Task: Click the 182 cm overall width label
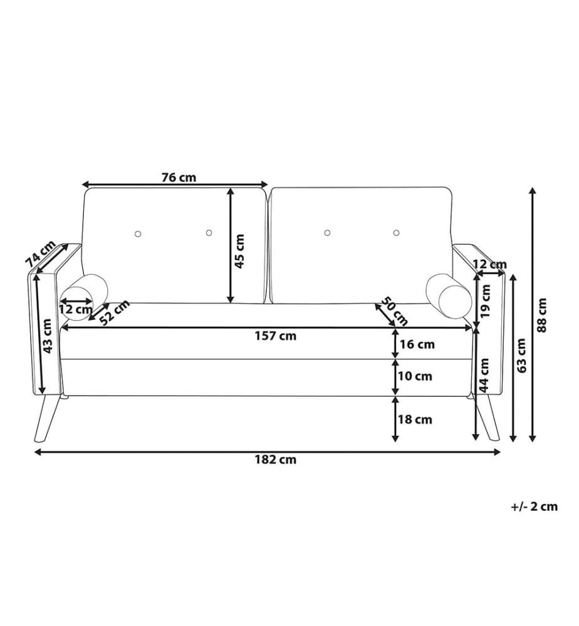click(x=276, y=460)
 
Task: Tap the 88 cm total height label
click(x=541, y=315)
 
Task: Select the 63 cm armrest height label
click(x=521, y=356)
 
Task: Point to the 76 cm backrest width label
click(x=179, y=177)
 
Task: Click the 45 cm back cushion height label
click(x=239, y=251)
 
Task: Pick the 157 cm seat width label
click(x=276, y=336)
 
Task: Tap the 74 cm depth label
click(x=40, y=254)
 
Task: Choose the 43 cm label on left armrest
click(x=47, y=336)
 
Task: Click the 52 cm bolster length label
click(x=115, y=312)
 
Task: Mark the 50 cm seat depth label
click(x=394, y=311)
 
